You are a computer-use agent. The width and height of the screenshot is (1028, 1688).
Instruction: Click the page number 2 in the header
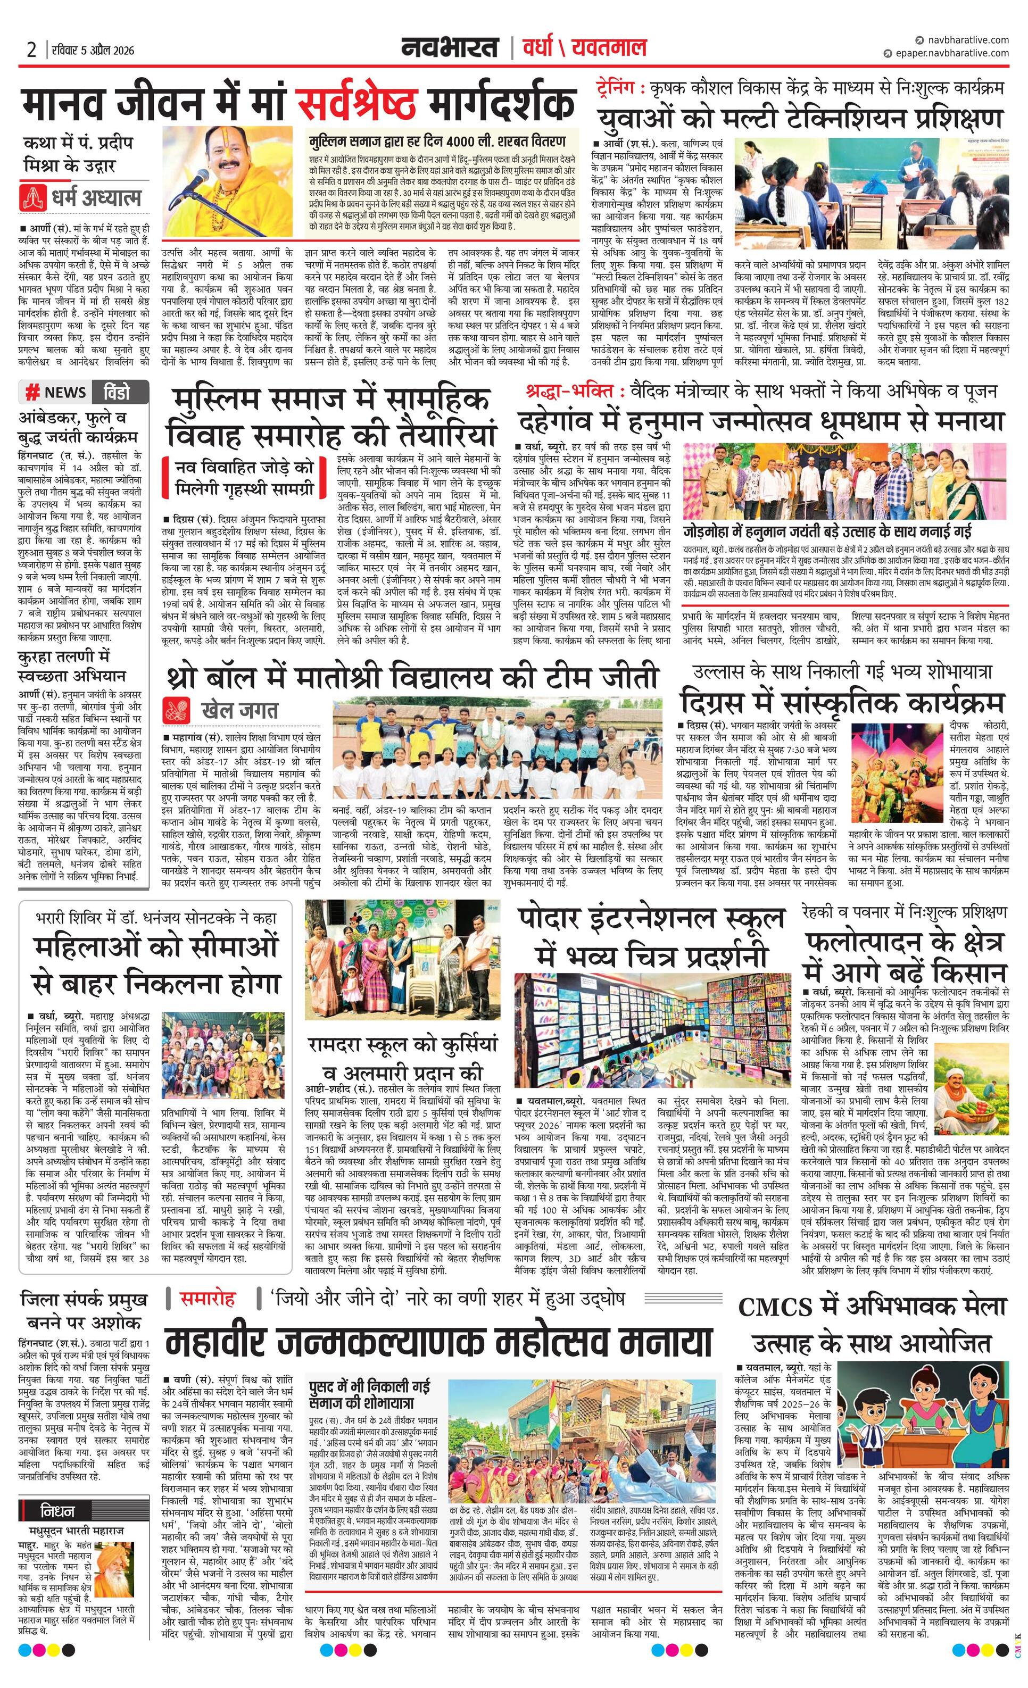[31, 50]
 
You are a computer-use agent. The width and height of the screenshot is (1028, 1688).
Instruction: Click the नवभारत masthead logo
[450, 48]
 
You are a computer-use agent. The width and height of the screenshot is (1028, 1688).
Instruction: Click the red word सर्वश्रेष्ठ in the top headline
[357, 103]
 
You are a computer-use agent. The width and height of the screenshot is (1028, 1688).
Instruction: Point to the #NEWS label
[57, 392]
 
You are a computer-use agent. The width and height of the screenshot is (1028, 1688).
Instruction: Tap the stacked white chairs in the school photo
[423, 986]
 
